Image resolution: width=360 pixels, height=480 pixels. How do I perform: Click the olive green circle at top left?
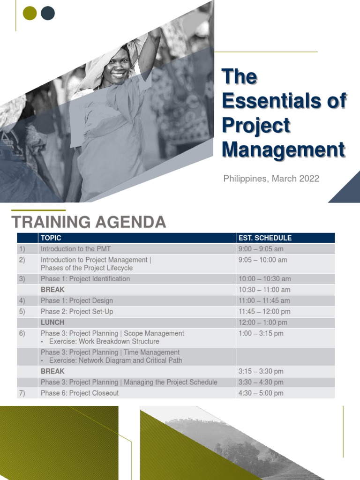30,14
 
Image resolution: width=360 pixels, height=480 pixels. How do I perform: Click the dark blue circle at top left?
48,14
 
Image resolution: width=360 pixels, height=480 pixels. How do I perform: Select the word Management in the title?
283,150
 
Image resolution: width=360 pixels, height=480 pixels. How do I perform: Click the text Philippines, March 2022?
271,179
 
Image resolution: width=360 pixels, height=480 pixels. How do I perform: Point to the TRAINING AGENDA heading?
89,222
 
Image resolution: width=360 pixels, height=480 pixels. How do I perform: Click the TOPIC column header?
51,238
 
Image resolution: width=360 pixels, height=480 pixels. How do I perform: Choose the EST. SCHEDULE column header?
265,238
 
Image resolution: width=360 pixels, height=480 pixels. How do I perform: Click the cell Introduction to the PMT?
75,249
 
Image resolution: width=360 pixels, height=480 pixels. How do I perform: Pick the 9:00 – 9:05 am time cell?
261,249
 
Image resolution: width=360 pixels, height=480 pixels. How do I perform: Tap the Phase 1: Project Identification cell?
85,279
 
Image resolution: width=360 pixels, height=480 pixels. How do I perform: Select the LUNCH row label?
52,322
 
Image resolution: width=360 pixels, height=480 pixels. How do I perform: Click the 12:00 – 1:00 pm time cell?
263,322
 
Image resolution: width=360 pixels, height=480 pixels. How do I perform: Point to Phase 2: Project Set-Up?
77,312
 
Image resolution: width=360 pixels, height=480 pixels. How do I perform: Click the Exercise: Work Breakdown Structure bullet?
104,342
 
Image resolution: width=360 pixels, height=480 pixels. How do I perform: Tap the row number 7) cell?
22,393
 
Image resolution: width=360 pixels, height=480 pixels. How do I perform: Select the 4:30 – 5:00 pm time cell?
261,393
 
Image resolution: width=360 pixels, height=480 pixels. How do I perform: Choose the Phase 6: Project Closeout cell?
80,393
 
